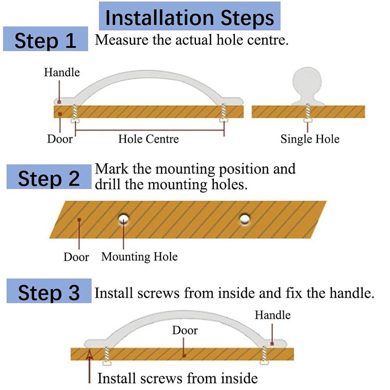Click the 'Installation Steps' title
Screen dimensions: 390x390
tap(190, 18)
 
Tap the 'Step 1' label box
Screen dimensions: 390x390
tap(45, 40)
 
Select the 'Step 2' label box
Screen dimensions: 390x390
tap(49, 178)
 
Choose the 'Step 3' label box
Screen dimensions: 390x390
tap(49, 293)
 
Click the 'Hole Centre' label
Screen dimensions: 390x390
tap(148, 139)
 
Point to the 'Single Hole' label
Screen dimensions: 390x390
tap(310, 139)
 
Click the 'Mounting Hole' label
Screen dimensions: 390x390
tap(139, 256)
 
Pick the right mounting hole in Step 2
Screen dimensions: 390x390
tap(245, 220)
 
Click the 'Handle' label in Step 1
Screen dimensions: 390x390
tap(62, 73)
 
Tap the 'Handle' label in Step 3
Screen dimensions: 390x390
tap(273, 315)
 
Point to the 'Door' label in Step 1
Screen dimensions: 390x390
tap(59, 139)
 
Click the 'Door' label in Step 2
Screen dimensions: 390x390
tap(76, 257)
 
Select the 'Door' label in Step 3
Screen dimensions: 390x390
tap(185, 331)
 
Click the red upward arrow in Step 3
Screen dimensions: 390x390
tap(89, 365)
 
